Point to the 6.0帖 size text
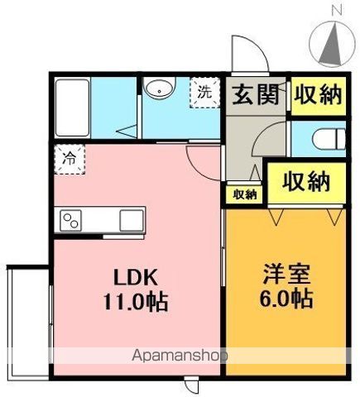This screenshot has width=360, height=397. click(287, 299)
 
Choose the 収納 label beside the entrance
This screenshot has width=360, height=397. click(316, 95)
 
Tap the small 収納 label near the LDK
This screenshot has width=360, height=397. click(244, 194)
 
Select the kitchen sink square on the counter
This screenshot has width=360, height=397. click(132, 221)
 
